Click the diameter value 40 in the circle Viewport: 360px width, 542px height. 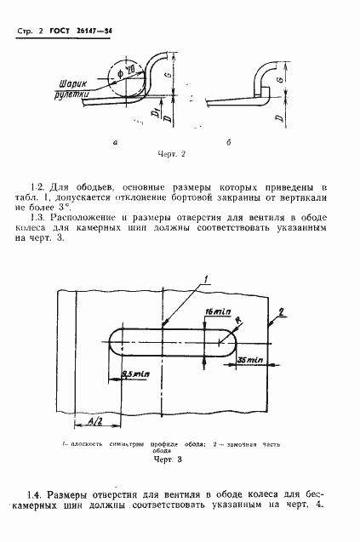click(130, 69)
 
